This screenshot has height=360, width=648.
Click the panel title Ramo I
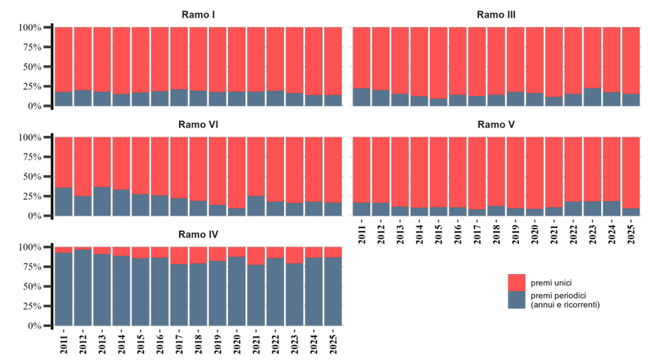pos(198,15)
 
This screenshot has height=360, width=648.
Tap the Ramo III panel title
pos(496,15)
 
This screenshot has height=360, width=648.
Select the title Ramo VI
pos(198,124)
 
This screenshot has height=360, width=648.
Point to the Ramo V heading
pos(496,124)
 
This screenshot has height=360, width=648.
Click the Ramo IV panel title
pos(198,234)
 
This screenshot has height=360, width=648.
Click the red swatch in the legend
pos(517,282)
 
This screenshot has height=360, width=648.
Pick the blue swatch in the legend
pos(517,300)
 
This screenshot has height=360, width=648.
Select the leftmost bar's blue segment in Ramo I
pos(64,99)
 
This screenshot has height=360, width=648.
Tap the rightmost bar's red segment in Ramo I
pos(332,61)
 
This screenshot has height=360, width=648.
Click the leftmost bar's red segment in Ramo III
pos(362,58)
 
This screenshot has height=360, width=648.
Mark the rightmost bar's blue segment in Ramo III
pos(631,100)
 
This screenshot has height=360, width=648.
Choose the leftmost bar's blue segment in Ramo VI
pos(64,202)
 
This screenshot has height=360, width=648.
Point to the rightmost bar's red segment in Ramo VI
pos(332,169)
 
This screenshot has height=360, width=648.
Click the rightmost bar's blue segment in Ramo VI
pos(332,209)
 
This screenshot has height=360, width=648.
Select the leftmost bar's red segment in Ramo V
pos(362,169)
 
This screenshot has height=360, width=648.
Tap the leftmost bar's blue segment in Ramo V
pos(362,209)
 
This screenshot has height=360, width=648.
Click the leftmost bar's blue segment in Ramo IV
pos(64,289)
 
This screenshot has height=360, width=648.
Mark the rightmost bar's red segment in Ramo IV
pos(332,252)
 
